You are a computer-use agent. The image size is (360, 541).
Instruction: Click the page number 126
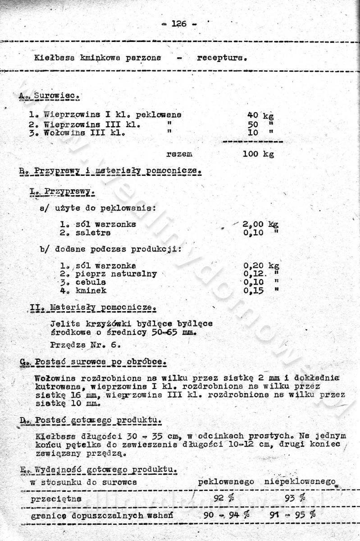tap(179, 24)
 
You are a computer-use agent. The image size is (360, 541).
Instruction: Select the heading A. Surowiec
tap(50, 96)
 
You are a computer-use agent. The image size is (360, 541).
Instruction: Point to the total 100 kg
tap(258, 154)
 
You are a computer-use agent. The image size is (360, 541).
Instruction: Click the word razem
tap(179, 154)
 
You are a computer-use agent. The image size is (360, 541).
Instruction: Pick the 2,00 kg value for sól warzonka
tap(260, 224)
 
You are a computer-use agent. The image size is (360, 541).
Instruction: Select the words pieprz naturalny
tap(116, 274)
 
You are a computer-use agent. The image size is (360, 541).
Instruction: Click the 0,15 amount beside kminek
tap(253, 291)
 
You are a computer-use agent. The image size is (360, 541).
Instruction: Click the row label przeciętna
tap(56, 499)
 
